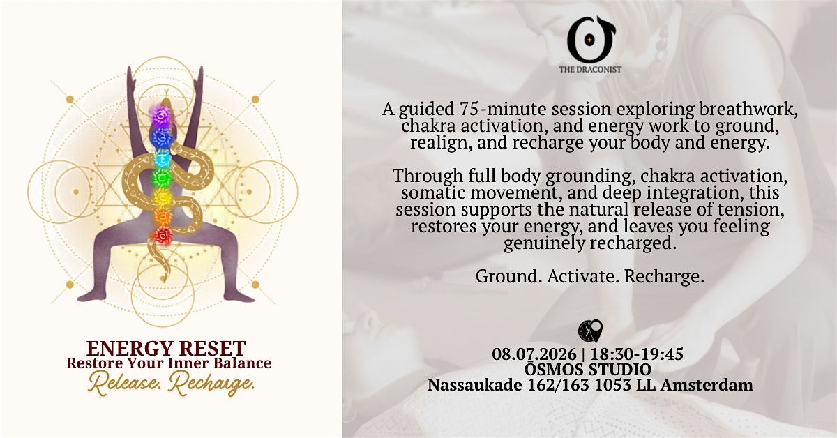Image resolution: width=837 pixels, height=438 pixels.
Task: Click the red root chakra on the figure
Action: tap(161, 236)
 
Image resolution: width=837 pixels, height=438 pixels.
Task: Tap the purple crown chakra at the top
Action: tap(160, 113)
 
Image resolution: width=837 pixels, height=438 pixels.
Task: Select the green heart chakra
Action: tap(161, 178)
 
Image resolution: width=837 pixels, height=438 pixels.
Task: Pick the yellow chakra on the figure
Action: tap(162, 197)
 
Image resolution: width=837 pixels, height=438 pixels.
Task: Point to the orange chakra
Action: tap(162, 216)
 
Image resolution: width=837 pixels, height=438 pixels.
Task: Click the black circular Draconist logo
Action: tap(590, 39)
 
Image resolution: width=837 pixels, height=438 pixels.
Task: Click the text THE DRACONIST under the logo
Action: tap(590, 69)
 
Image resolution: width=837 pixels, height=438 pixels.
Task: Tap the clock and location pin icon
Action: tap(590, 331)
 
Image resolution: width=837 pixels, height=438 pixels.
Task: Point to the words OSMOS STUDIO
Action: tap(588, 369)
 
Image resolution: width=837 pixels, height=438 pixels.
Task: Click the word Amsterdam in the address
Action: tap(707, 384)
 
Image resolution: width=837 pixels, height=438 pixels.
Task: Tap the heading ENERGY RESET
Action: tap(166, 348)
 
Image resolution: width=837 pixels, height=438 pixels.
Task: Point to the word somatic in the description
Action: tap(430, 192)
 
